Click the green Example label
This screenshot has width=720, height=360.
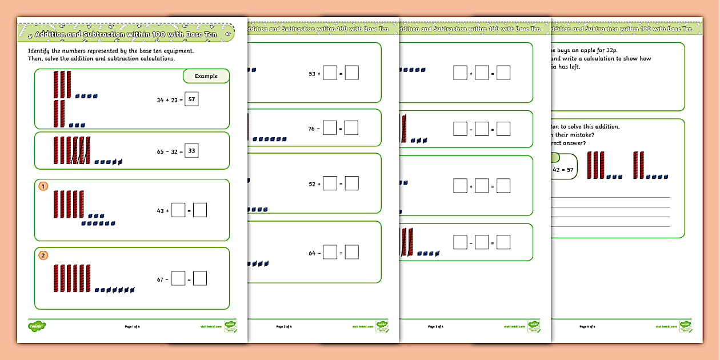(206, 76)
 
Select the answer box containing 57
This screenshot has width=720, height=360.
(192, 99)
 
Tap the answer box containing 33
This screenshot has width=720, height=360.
(192, 151)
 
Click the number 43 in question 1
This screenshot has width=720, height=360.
(160, 211)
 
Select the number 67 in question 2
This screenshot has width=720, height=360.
(160, 279)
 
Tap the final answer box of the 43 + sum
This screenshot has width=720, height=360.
(199, 210)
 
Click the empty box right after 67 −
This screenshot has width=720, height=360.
(178, 278)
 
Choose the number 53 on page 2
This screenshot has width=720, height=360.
(312, 73)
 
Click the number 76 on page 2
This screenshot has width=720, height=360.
(312, 129)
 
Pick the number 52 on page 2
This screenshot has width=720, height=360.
(312, 184)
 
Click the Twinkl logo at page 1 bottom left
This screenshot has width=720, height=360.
(37, 326)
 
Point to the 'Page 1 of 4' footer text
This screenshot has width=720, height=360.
(132, 326)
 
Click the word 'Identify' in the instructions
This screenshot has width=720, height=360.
(39, 51)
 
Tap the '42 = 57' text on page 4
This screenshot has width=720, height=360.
(563, 170)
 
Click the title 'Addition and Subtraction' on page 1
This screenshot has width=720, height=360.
(86, 34)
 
